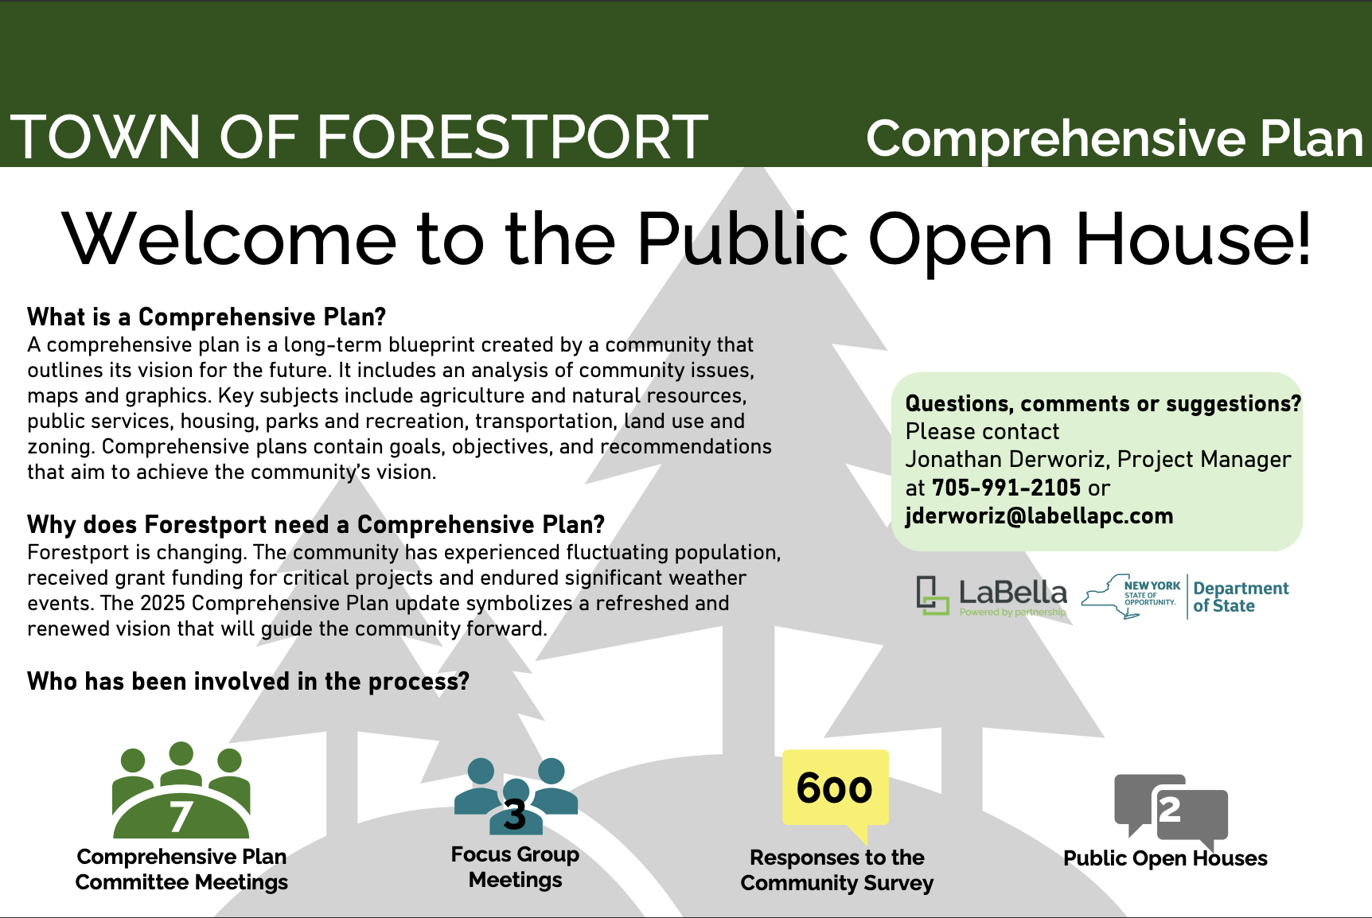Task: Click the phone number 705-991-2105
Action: point(1006,488)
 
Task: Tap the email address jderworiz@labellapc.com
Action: point(1039,516)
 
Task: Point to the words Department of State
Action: point(1240,597)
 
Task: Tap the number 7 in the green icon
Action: point(181,817)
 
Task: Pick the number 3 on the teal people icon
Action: point(515,815)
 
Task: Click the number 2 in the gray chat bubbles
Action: point(1169,810)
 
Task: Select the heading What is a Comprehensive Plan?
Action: point(206,317)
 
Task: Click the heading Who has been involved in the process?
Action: point(248,682)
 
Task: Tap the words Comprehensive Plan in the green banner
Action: point(1114,138)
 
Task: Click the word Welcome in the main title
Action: point(229,239)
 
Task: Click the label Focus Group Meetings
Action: point(515,867)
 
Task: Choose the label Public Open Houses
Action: point(1165,858)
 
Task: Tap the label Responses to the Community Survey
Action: point(836,870)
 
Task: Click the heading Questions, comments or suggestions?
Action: point(1103,404)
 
